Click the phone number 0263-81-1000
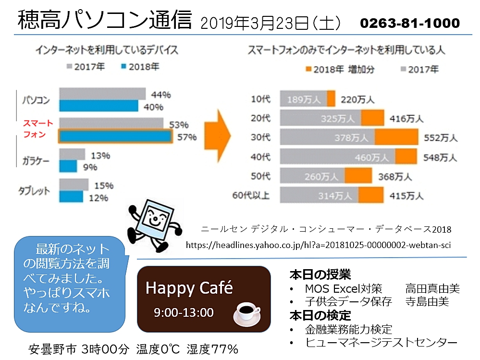409,23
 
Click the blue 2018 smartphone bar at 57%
115,137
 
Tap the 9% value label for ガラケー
90,167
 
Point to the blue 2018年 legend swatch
124,67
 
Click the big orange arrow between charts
217,130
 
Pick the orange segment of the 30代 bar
396,137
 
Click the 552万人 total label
441,138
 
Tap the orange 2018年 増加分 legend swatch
308,69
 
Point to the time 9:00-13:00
184,312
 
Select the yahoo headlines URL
318,245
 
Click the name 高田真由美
432,289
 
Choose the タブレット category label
34,191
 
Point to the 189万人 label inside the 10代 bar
304,99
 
